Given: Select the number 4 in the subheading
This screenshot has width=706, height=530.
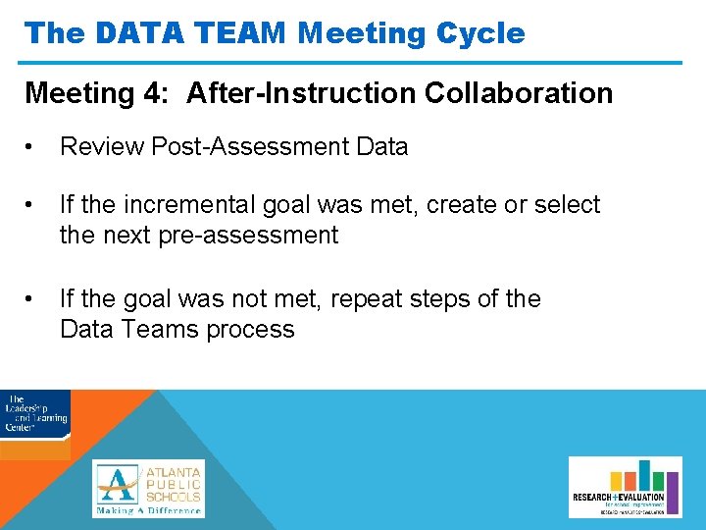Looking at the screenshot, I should coord(158,94).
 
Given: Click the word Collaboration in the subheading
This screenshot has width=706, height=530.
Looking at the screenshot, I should coord(519,94).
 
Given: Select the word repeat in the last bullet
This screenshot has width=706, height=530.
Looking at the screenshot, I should coord(368,298).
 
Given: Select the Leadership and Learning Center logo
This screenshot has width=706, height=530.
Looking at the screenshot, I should coord(35,416).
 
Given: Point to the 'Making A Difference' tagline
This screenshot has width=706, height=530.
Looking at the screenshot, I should coord(149,510).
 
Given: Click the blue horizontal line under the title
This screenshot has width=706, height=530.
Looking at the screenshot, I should coord(353,63).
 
